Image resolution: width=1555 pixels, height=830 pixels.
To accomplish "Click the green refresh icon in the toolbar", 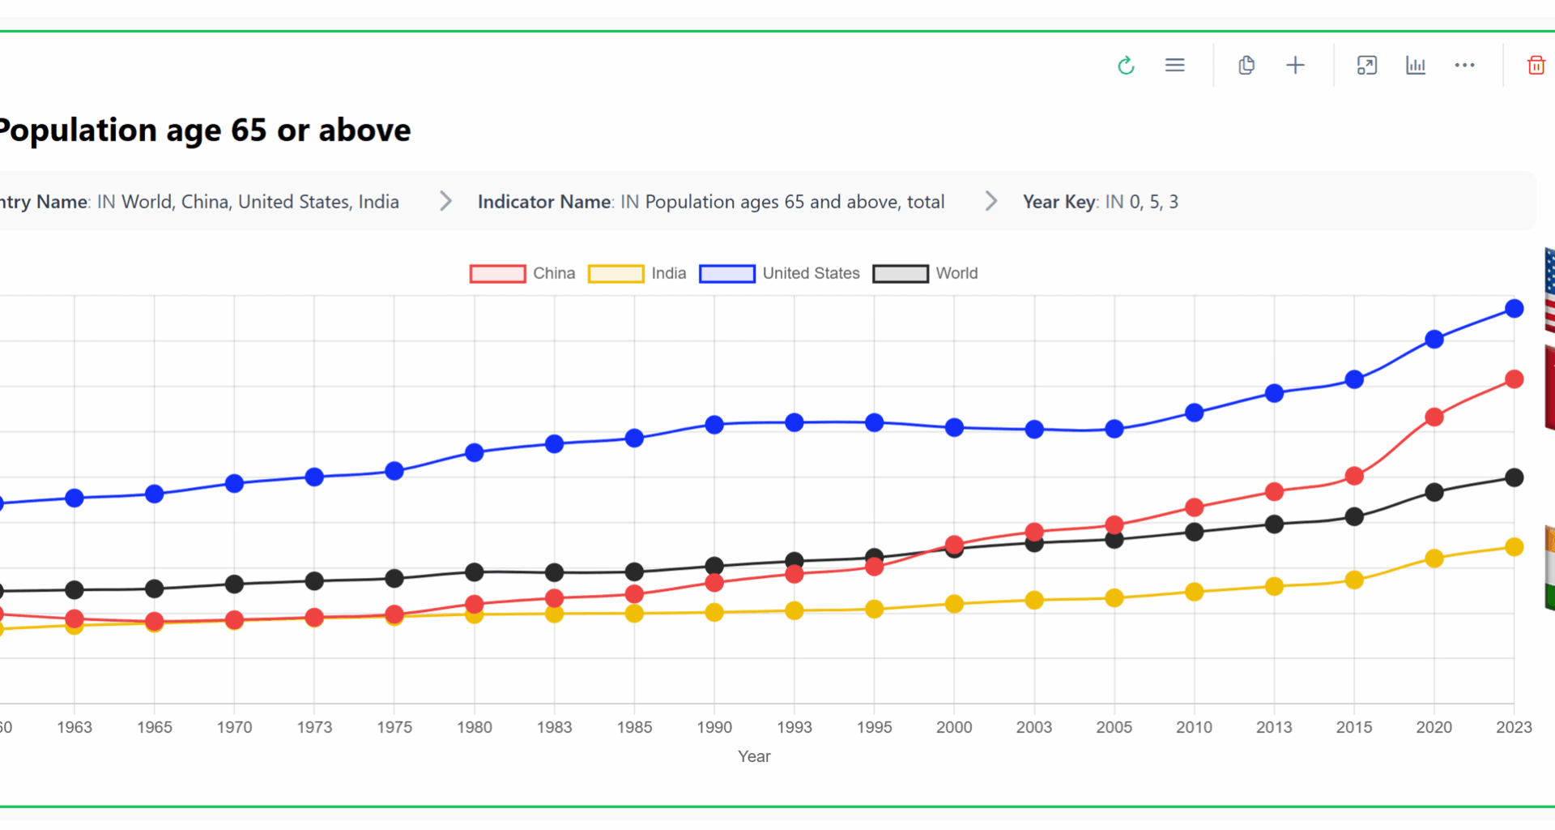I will click(x=1126, y=66).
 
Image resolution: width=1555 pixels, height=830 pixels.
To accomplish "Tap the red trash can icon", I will click(x=1536, y=66).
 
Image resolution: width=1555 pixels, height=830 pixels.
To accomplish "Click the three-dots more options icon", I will click(x=1464, y=65).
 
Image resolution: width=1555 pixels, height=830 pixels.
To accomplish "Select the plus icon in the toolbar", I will click(x=1295, y=66).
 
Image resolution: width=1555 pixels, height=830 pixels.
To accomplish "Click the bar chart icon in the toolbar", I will click(x=1415, y=66).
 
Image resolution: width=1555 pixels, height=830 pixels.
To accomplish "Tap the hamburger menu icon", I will click(x=1174, y=65).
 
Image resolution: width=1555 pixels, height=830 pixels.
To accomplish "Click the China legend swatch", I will click(x=497, y=274).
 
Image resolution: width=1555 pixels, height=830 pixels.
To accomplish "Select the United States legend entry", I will click(x=810, y=274).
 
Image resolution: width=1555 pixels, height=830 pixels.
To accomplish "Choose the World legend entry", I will click(x=956, y=274).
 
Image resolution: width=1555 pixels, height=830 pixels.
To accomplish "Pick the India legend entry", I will click(x=668, y=274).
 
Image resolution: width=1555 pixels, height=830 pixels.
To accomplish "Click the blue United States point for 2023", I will click(x=1514, y=309).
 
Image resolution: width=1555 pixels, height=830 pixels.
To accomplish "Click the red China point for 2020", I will click(x=1434, y=417).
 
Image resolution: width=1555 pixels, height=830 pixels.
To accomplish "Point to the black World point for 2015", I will click(x=1354, y=516).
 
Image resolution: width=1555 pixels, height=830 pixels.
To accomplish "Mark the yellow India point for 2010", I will click(x=1194, y=593).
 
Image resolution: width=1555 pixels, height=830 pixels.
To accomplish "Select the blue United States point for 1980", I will click(x=475, y=453).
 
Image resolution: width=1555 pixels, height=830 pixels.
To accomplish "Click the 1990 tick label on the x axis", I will click(x=714, y=727).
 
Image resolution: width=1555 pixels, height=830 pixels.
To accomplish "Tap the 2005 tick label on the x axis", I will click(x=1114, y=727).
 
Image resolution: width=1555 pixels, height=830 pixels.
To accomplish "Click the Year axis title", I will click(x=753, y=756).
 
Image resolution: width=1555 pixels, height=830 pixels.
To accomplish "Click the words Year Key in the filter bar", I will click(x=1059, y=202).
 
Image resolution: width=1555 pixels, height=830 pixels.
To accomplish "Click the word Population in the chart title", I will click(x=77, y=130).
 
